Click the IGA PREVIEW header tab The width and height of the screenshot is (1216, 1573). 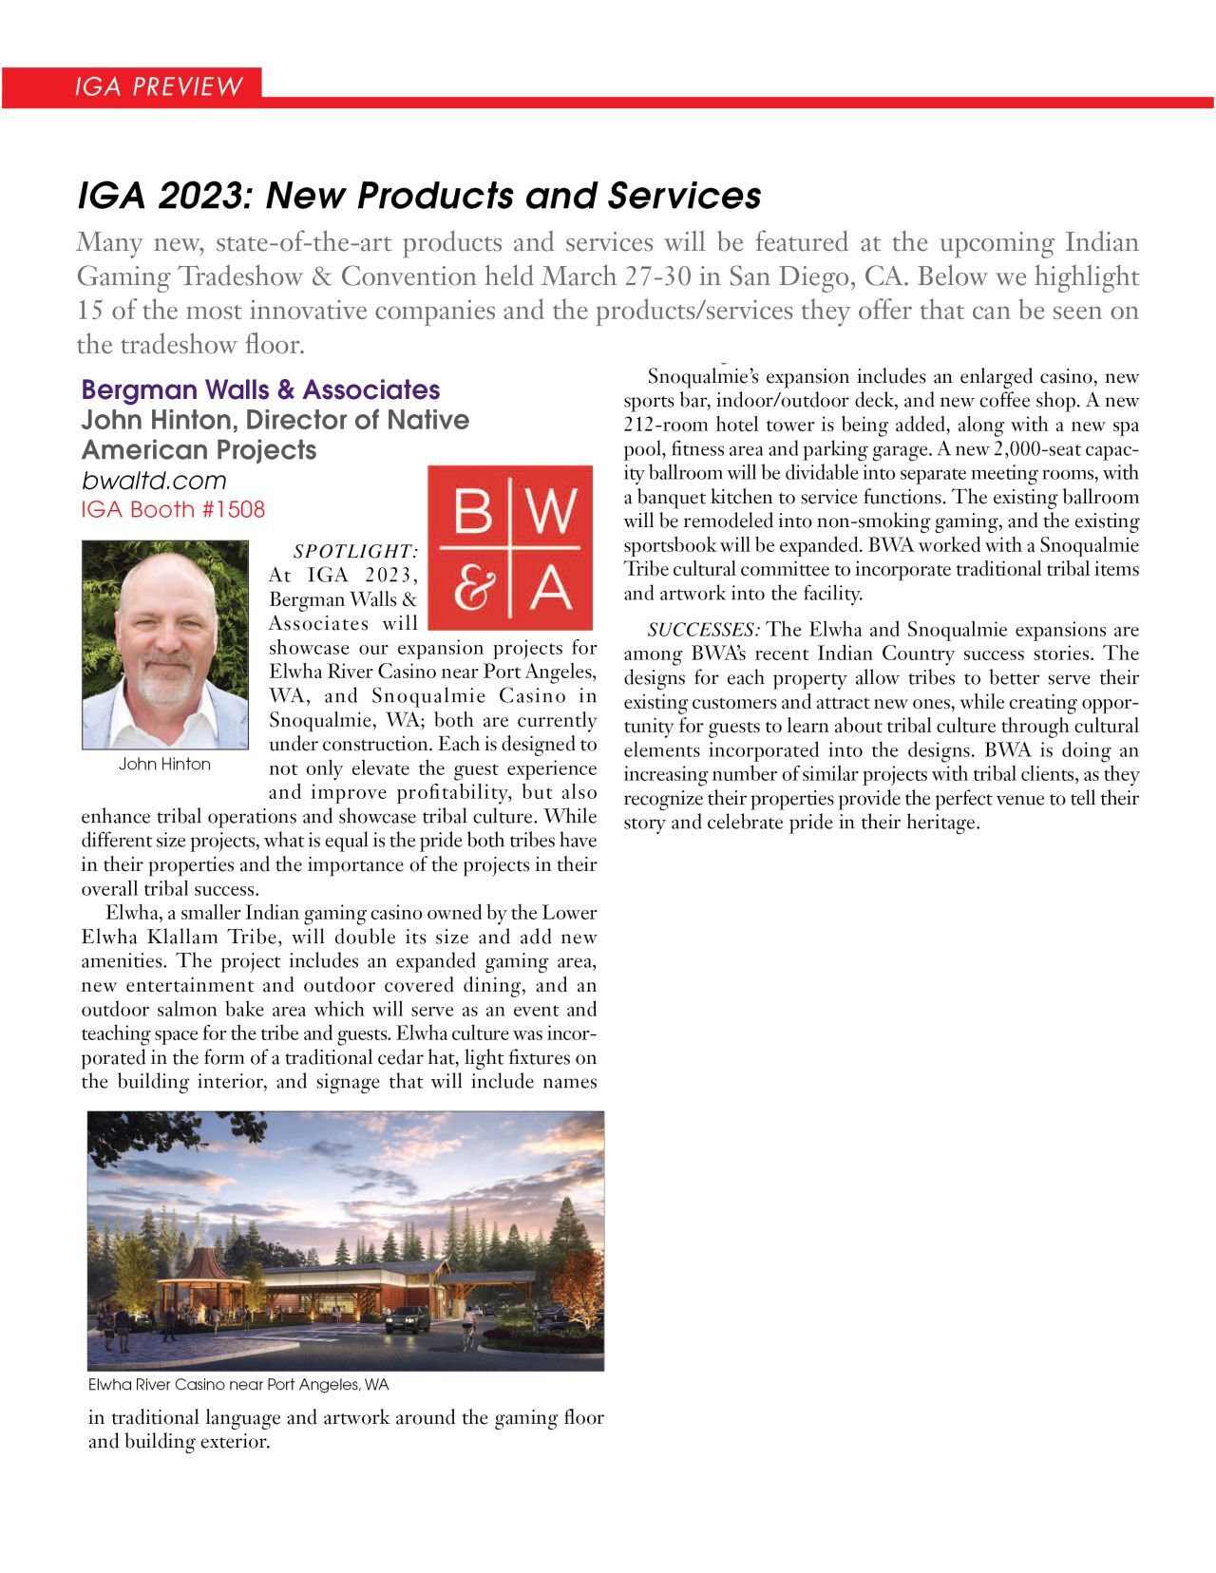tap(159, 87)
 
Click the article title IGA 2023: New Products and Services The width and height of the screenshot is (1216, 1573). tap(419, 196)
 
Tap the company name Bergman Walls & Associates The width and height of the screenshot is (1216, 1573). tap(260, 389)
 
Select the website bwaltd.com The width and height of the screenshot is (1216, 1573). tap(154, 481)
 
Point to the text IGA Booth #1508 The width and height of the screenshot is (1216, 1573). tap(173, 509)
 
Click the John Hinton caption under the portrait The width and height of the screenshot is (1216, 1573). tap(164, 765)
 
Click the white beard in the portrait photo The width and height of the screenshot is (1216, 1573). tap(167, 684)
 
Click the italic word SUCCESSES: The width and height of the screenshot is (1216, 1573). tap(703, 630)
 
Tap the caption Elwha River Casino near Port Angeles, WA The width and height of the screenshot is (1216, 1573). tap(238, 1385)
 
